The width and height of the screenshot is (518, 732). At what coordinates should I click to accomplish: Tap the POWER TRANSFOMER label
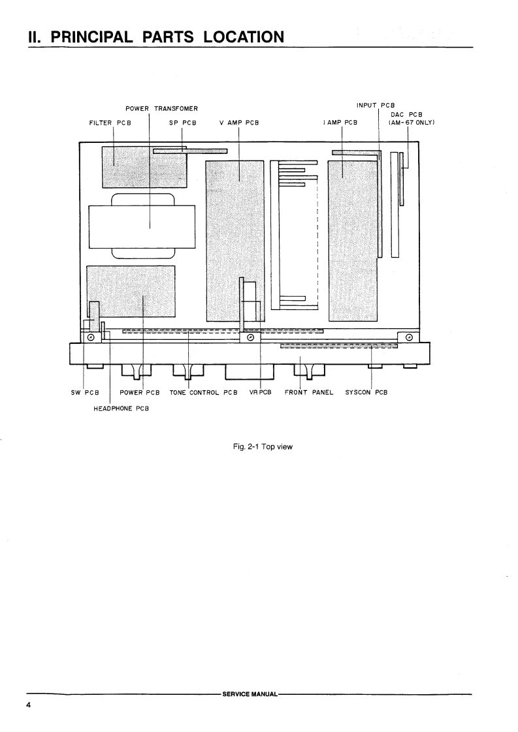pos(161,108)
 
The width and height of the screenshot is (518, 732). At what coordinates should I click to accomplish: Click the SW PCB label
pos(84,393)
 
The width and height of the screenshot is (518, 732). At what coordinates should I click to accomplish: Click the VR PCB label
pos(260,393)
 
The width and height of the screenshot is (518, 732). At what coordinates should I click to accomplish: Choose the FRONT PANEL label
pos(309,393)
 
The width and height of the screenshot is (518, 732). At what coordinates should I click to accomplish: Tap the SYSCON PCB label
pos(366,393)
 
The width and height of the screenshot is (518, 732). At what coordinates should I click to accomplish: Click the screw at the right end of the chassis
pos(408,337)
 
